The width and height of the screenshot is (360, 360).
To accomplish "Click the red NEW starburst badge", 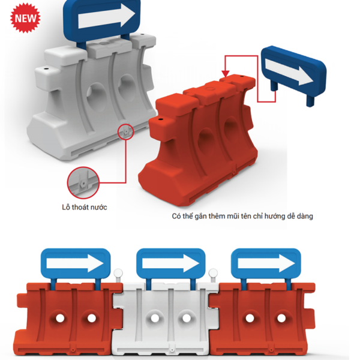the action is [25, 18].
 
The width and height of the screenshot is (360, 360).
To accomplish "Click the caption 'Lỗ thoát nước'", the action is [84, 207].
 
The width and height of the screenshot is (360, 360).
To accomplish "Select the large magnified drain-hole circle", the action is [83, 183].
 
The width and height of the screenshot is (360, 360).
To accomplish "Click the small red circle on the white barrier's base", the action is [125, 132].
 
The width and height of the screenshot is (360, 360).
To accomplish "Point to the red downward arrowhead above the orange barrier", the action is [226, 73].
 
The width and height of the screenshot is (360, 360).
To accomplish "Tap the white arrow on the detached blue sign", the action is [289, 72].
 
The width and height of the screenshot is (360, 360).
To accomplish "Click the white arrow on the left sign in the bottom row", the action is [75, 263].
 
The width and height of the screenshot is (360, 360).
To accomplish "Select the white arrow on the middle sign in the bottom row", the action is [170, 263].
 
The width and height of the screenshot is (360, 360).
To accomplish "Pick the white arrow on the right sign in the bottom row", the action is [266, 263].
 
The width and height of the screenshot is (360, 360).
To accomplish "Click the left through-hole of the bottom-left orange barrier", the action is [60, 318].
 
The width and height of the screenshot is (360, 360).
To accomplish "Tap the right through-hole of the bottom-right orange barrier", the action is [281, 318].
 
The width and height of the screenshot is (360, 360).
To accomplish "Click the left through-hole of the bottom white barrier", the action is [155, 318].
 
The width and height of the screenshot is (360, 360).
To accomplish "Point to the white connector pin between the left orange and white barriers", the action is [118, 275].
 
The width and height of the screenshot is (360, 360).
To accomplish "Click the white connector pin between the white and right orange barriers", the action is [213, 275].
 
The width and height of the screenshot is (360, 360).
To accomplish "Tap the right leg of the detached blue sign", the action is [310, 101].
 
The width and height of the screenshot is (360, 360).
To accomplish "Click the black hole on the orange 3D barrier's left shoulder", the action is [160, 119].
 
